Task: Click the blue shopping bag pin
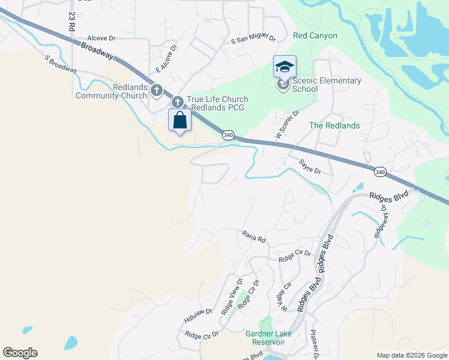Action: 179,121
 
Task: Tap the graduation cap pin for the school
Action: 285,67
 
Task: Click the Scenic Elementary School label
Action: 326,85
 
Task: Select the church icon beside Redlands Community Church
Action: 157,91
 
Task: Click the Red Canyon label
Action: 315,36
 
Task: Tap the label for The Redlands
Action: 334,125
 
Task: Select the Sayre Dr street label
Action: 310,167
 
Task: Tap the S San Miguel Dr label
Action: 253,40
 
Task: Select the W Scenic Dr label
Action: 288,125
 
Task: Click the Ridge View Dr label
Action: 232,297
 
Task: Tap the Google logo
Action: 20,353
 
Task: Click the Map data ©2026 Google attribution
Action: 412,355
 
